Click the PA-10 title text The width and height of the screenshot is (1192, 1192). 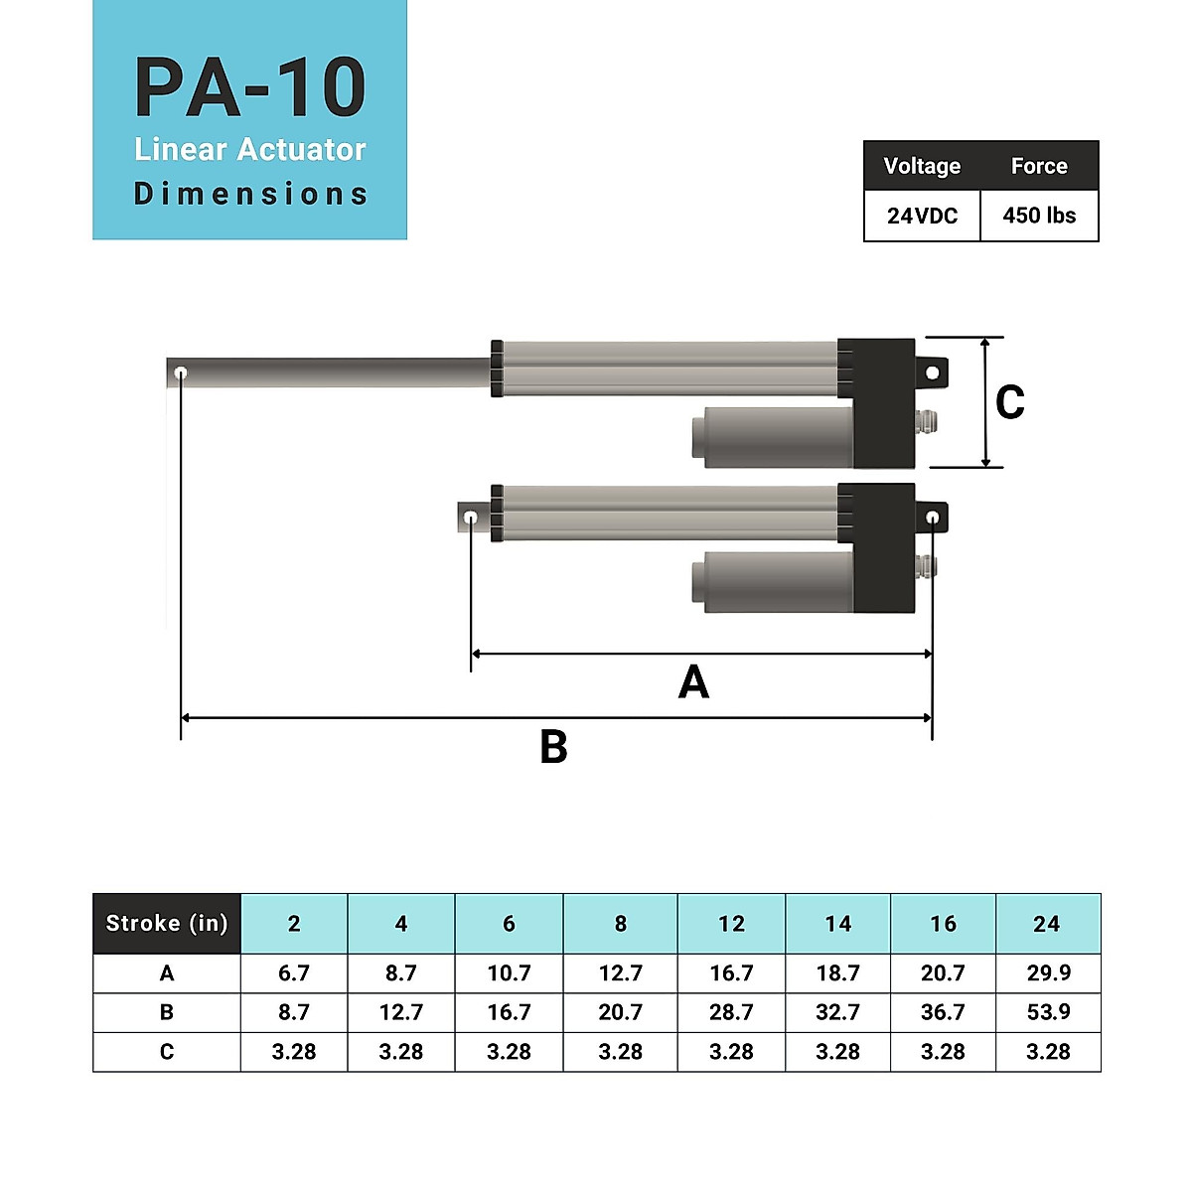pyautogui.click(x=250, y=89)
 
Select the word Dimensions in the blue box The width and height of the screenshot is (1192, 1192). pyautogui.click(x=250, y=194)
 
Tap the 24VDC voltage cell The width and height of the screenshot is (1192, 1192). pyautogui.click(x=922, y=216)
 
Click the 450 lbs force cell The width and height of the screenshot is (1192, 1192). pyautogui.click(x=1039, y=216)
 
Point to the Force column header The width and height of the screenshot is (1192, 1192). pyautogui.click(x=1039, y=166)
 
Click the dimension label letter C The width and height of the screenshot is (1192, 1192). pyautogui.click(x=1009, y=402)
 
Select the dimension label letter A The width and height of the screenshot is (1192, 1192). pyautogui.click(x=693, y=682)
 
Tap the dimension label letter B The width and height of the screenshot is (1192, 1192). pyautogui.click(x=553, y=747)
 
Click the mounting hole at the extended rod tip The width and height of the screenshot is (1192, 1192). pyautogui.click(x=181, y=373)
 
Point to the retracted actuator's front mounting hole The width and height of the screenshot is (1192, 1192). pyautogui.click(x=471, y=518)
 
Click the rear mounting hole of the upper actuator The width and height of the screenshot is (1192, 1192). pyautogui.click(x=933, y=373)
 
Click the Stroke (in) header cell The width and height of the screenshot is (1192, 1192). pyautogui.click(x=167, y=924)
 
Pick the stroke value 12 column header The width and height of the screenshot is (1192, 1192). pyautogui.click(x=731, y=924)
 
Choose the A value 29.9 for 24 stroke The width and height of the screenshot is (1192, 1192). pyautogui.click(x=1048, y=973)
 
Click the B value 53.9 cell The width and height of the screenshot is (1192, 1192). pyautogui.click(x=1048, y=1012)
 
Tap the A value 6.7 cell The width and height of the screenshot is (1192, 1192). pyautogui.click(x=294, y=973)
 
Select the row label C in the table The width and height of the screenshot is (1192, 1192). pyautogui.click(x=167, y=1052)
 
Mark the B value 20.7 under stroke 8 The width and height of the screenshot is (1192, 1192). pyautogui.click(x=620, y=1012)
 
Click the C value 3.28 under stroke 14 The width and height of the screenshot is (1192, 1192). pyautogui.click(x=837, y=1052)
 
